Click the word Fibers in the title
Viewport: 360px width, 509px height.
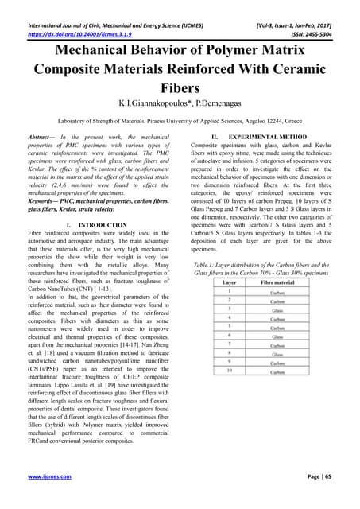tap(180, 85)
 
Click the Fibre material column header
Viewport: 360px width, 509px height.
tap(277, 305)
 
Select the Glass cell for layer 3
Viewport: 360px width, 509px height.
tap(277, 332)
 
